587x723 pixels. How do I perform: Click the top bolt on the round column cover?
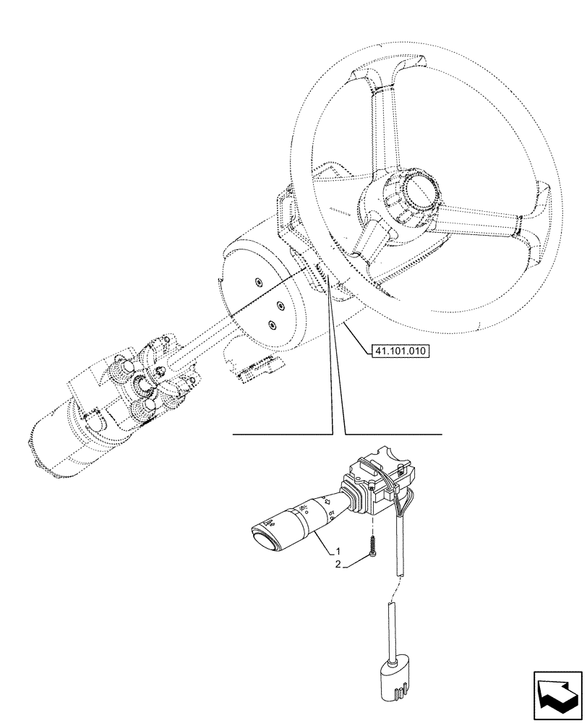pyautogui.click(x=259, y=283)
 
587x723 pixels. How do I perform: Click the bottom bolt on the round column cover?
pyautogui.click(x=273, y=325)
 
